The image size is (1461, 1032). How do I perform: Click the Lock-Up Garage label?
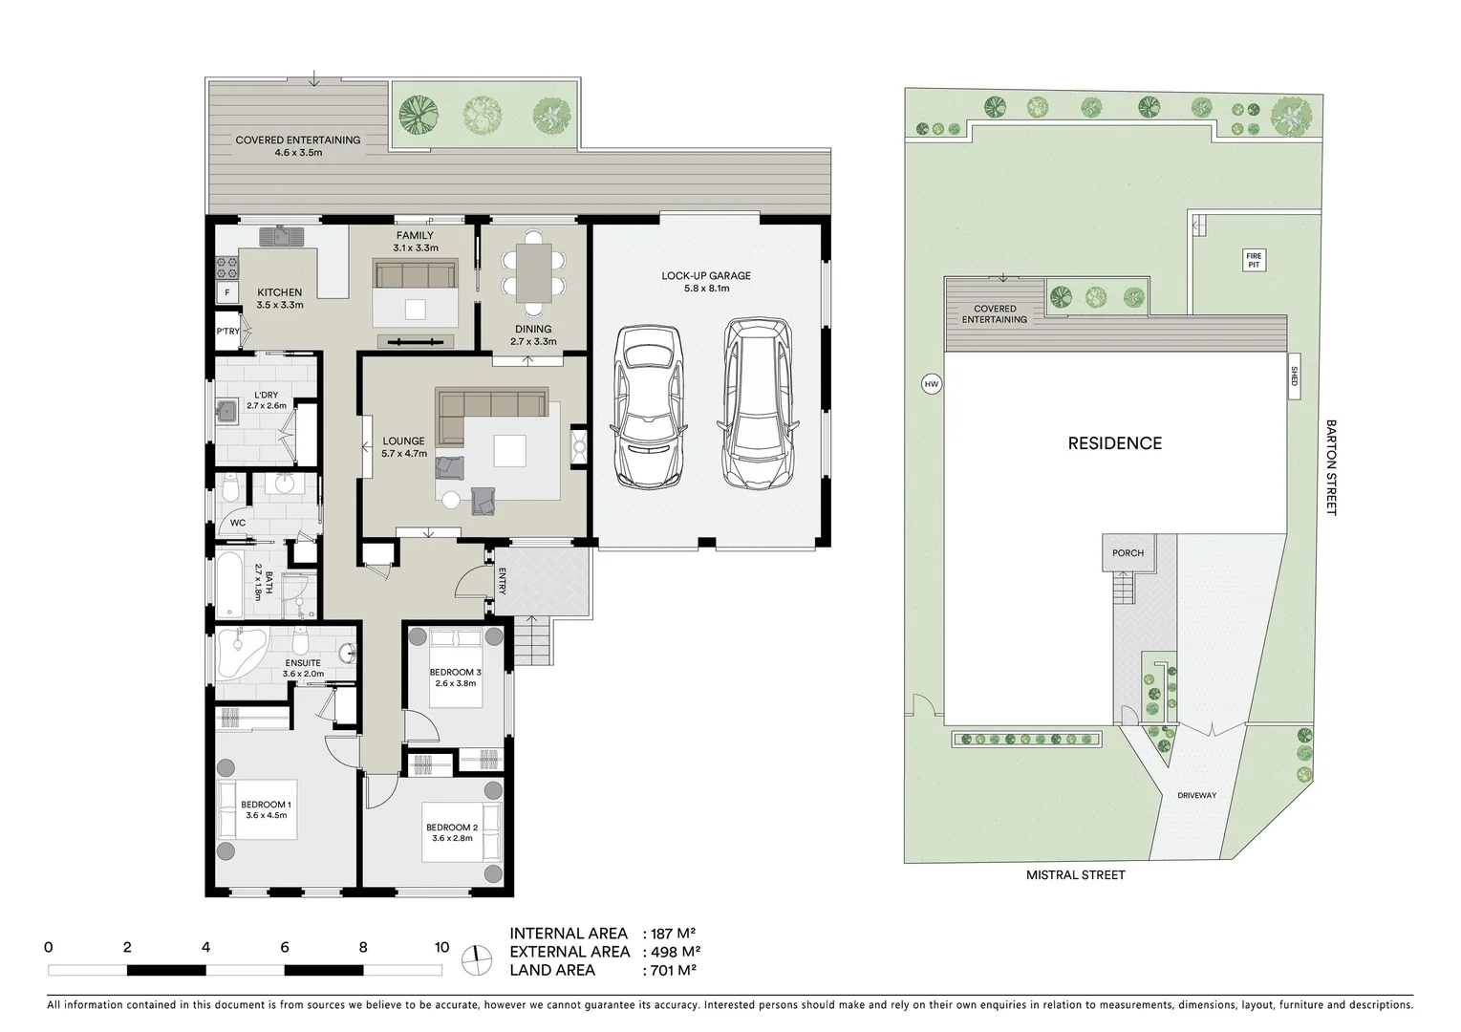pos(706,282)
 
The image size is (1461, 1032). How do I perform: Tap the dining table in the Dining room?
pos(533,273)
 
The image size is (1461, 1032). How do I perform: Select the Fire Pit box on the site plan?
pos(1254,260)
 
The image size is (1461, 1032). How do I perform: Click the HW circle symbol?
pos(931,384)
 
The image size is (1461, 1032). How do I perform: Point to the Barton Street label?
pos(1330,467)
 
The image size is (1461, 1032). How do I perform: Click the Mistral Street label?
pos(1075,874)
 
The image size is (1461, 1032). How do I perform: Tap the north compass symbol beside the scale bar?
pos(475,960)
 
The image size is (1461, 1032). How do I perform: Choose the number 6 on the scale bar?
pos(285,948)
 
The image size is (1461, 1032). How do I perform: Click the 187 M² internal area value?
pos(674,934)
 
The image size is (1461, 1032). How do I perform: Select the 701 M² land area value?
pos(674,970)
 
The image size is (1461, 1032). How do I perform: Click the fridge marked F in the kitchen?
pos(226,292)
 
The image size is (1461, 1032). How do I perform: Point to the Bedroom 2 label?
pos(452,832)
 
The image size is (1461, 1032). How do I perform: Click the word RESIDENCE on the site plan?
pos(1114,443)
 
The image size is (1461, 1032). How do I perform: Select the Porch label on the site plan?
pos(1128,553)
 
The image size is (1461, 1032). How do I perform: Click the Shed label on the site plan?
pos(1294,378)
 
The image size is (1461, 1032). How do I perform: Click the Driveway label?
pos(1196,795)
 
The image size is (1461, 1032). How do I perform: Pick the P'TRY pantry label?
pos(227,332)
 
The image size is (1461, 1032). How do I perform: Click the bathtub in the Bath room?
pos(229,584)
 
